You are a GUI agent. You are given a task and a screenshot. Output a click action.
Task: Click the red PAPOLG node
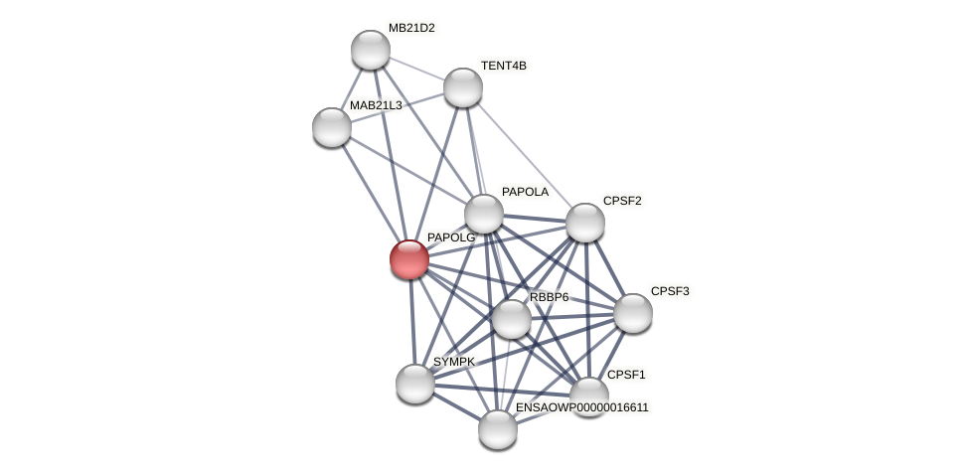[408, 259]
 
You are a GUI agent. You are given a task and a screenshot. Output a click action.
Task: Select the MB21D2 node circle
[371, 50]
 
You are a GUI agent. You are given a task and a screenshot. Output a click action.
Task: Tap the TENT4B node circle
[463, 87]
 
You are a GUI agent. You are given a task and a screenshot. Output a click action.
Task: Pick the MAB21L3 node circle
[332, 127]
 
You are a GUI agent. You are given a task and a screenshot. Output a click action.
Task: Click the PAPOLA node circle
[484, 214]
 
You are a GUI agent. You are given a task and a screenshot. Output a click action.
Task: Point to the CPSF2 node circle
[585, 223]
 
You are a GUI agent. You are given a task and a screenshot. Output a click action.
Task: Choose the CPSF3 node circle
[633, 313]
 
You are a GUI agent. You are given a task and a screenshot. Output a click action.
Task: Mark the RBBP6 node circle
[512, 319]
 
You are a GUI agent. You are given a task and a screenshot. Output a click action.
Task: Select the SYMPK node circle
[415, 384]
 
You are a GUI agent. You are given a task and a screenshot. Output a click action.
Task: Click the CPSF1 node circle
[588, 395]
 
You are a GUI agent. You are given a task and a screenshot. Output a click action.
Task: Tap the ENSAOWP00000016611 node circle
[498, 429]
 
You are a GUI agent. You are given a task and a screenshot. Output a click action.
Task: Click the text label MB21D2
[411, 28]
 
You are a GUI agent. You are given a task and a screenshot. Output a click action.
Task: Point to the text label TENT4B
[504, 66]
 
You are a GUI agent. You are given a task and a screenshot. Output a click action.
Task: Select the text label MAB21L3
[376, 105]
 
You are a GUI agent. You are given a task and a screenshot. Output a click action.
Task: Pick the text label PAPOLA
[525, 192]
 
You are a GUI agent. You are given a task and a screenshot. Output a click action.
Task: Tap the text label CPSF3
[669, 291]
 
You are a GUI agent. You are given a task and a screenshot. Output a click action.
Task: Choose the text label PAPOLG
[451, 237]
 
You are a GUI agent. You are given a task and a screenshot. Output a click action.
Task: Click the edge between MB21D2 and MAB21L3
[351, 89]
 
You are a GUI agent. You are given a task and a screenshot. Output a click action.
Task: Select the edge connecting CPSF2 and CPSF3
[609, 267]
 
